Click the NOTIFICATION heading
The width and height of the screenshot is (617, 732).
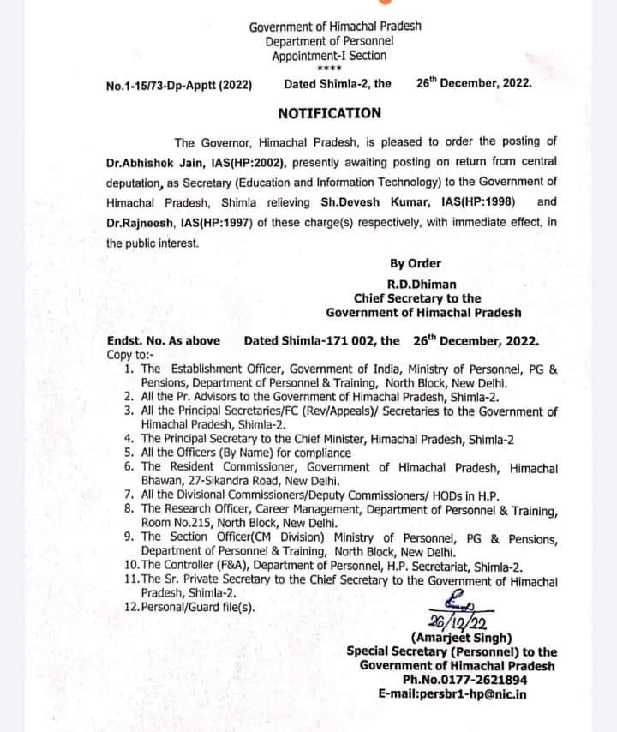[330, 112]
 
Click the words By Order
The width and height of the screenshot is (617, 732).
[416, 264]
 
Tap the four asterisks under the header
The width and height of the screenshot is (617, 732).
[329, 68]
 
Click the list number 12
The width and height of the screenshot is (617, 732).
[131, 607]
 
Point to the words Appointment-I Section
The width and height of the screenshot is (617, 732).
[329, 56]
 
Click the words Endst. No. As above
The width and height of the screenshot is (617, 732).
[164, 340]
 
